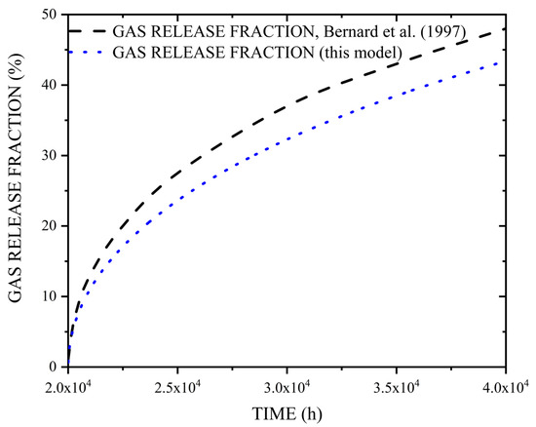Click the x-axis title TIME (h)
click(x=287, y=412)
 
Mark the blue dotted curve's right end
click(x=505, y=63)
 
